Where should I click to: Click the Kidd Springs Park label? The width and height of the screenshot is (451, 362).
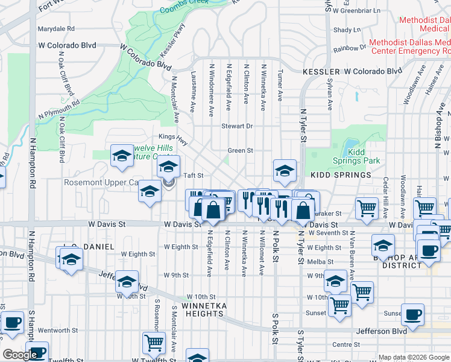coord(356,156)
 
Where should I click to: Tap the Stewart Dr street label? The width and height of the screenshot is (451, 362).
coord(236,126)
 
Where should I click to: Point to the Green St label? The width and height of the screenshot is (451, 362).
coord(239,150)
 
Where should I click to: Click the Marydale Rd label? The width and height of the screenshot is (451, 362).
coord(55,28)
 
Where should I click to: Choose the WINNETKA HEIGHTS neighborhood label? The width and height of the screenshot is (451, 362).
coord(204,310)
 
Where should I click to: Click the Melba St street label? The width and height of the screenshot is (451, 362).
coord(320,261)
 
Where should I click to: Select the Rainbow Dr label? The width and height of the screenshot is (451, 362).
coord(350,48)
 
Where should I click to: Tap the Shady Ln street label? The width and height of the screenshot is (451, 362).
coord(346,29)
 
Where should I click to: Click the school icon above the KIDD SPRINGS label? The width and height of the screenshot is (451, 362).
coord(284,171)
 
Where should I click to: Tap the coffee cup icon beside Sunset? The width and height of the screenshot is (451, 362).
coord(412,314)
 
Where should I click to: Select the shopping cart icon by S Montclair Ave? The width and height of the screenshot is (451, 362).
coord(154,343)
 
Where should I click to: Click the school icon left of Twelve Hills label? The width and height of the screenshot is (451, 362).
coord(121,156)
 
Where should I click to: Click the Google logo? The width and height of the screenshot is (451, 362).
coord(20,355)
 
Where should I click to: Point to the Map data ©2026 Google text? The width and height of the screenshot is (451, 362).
coord(414,357)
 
